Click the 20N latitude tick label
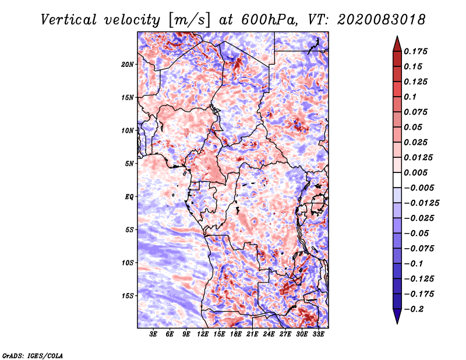pyautogui.click(x=128, y=64)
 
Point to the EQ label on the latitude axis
pyautogui.click(x=129, y=197)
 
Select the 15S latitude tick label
pyautogui.click(x=128, y=296)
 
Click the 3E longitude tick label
pyautogui.click(x=153, y=335)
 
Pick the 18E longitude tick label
pyautogui.click(x=236, y=335)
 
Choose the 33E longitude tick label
pyautogui.click(x=319, y=335)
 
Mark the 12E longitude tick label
pyautogui.click(x=203, y=335)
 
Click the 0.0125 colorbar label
pyautogui.click(x=419, y=157)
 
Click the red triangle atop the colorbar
pyautogui.click(x=397, y=42)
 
